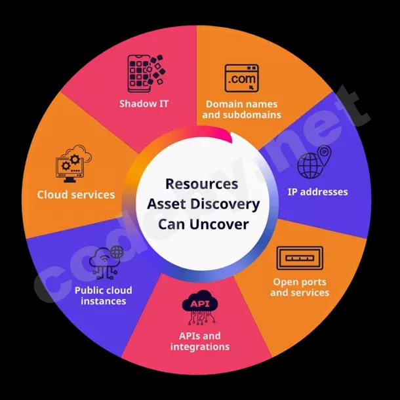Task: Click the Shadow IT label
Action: [144, 104]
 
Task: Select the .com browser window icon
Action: [242, 79]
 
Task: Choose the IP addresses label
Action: [317, 192]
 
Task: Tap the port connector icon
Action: [299, 258]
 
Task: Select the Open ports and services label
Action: [300, 287]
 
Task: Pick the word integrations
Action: [200, 346]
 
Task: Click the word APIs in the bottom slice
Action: [190, 336]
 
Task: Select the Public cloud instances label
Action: [103, 296]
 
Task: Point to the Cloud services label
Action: [76, 195]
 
